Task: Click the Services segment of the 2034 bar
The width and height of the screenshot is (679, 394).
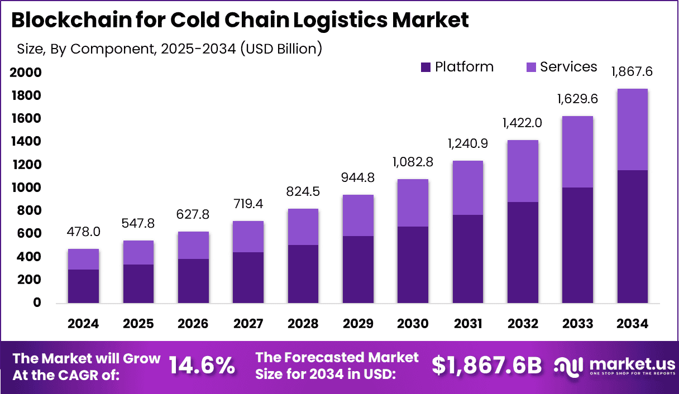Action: (632, 129)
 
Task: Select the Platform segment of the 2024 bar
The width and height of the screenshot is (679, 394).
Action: (83, 286)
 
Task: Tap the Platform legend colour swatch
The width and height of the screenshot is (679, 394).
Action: (425, 68)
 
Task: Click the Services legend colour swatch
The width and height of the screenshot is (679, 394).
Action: (531, 68)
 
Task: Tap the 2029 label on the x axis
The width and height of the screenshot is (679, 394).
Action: (358, 324)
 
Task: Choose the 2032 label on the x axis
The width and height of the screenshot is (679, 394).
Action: (523, 324)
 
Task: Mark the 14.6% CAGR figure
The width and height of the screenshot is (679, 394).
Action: (202, 365)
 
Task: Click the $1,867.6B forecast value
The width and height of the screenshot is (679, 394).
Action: (487, 365)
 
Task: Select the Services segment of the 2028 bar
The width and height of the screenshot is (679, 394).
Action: (303, 227)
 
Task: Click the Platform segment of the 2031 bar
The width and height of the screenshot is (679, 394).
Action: (468, 259)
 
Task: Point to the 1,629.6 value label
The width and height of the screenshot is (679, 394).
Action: (577, 99)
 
